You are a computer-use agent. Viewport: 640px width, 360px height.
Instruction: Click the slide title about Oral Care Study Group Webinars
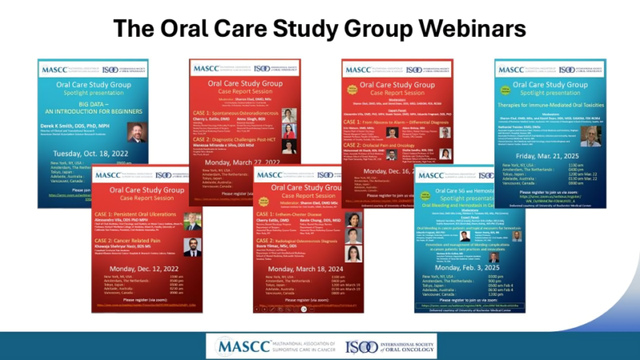pyautogui.click(x=320, y=29)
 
